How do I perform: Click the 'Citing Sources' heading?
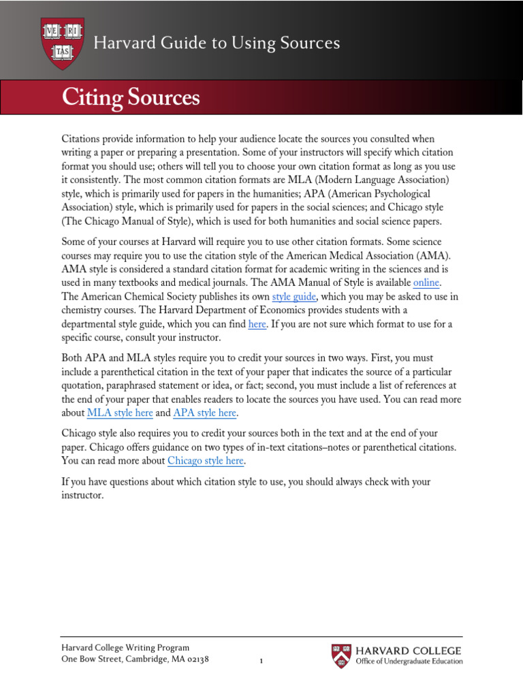pyautogui.click(x=131, y=97)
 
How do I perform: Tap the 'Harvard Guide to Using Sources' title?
pyautogui.click(x=216, y=43)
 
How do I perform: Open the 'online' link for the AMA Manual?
pyautogui.click(x=427, y=282)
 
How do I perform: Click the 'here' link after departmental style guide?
pyautogui.click(x=257, y=324)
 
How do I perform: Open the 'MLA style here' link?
pyautogui.click(x=120, y=413)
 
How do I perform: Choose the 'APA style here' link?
pyautogui.click(x=206, y=413)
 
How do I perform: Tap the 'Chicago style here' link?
pyautogui.click(x=205, y=461)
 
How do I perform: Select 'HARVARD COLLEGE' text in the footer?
pyautogui.click(x=409, y=651)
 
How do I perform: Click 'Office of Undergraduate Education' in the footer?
pyautogui.click(x=409, y=662)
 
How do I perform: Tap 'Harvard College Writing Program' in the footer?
pyautogui.click(x=125, y=648)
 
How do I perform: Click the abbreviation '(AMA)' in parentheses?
pyautogui.click(x=417, y=255)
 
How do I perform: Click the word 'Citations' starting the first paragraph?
pyautogui.click(x=82, y=139)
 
